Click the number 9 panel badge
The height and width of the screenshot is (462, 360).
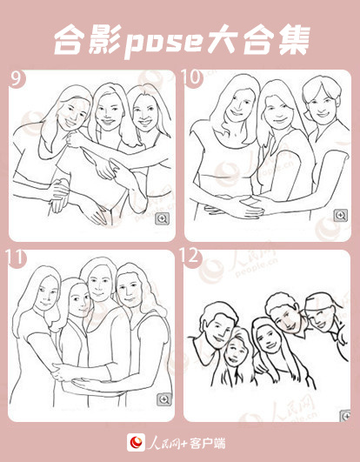click(x=17, y=78)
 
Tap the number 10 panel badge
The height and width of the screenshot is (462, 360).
click(x=192, y=78)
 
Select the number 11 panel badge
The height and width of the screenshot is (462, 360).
click(x=16, y=258)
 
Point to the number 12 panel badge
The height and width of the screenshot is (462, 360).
click(x=190, y=257)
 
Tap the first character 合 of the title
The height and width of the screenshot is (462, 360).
click(x=70, y=40)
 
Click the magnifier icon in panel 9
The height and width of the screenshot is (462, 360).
click(x=163, y=218)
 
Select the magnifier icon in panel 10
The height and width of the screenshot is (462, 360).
click(x=341, y=216)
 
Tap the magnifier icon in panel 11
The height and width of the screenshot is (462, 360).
click(x=164, y=399)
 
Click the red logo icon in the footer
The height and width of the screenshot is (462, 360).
click(x=136, y=443)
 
